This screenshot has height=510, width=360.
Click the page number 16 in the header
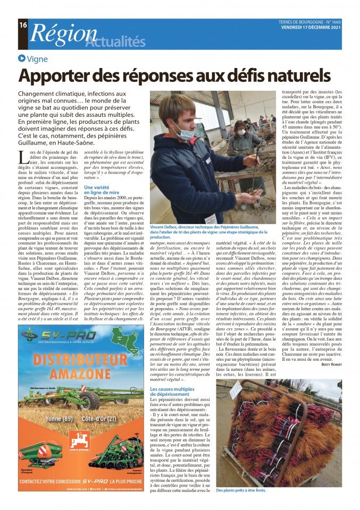pos(23,24)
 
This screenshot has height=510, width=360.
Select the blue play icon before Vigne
pos(22,59)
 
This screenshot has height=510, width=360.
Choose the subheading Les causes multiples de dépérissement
pos(172,392)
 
